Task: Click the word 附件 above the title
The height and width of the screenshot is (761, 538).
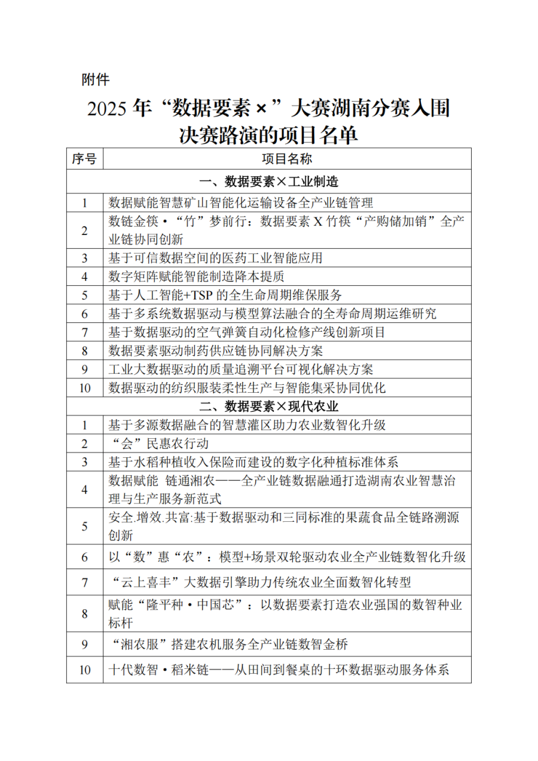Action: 96,79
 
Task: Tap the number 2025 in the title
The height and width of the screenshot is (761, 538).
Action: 108,109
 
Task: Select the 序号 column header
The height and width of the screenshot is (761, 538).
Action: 84,160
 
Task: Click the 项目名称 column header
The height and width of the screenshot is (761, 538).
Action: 287,160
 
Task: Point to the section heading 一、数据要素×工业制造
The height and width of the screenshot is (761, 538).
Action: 269,181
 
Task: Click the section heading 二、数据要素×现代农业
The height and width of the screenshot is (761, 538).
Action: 269,407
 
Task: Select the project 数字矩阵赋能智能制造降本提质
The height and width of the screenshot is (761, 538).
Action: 196,277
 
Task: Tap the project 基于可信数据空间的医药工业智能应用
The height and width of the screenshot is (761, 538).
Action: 215,258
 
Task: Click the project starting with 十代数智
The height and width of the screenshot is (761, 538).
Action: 279,670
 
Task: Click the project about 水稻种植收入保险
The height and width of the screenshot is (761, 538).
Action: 253,462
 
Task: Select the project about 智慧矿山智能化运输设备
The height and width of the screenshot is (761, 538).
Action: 241,203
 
